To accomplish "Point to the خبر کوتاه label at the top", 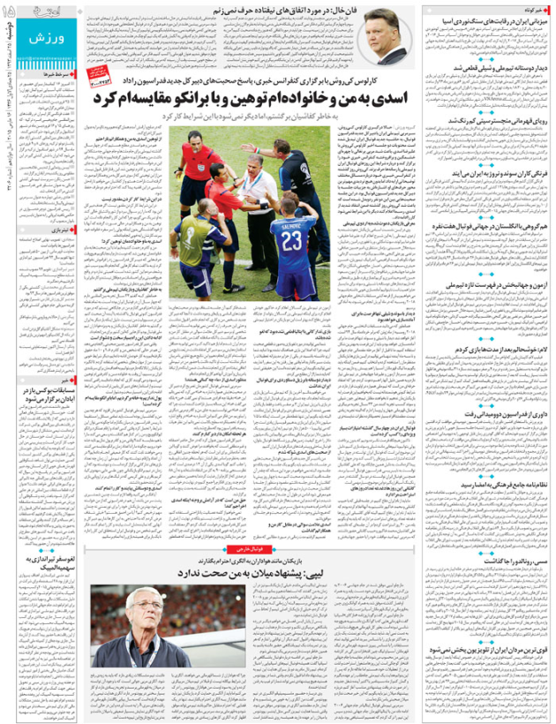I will [x=526, y=7].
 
